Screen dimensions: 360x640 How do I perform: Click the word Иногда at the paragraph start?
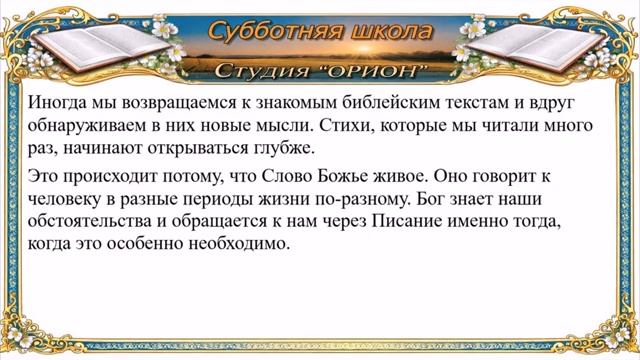(58, 103)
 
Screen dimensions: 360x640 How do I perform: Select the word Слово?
(265, 176)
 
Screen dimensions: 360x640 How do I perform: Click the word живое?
(384, 176)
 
